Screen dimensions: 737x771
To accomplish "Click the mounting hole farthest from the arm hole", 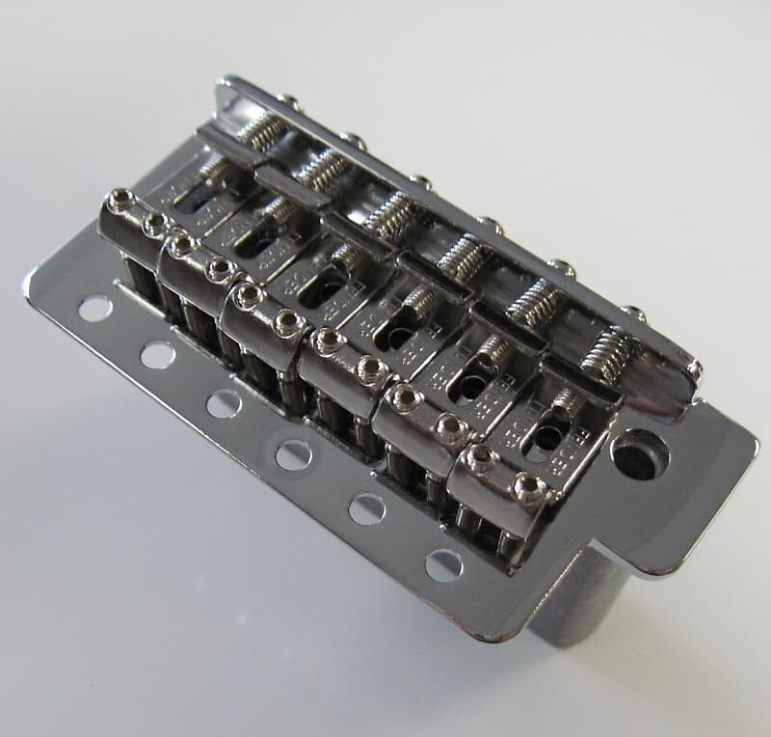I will [x=94, y=309].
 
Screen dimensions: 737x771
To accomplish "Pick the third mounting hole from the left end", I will [x=223, y=403].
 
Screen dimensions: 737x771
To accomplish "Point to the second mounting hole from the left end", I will [x=157, y=355].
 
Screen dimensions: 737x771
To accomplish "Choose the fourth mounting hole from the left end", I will [x=293, y=454].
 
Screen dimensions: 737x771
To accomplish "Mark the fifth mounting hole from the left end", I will [x=367, y=508].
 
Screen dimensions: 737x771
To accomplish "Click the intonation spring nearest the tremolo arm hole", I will [x=610, y=353].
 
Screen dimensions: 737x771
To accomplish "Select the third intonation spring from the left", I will [x=391, y=216].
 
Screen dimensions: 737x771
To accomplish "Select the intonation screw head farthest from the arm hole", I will [x=286, y=98].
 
